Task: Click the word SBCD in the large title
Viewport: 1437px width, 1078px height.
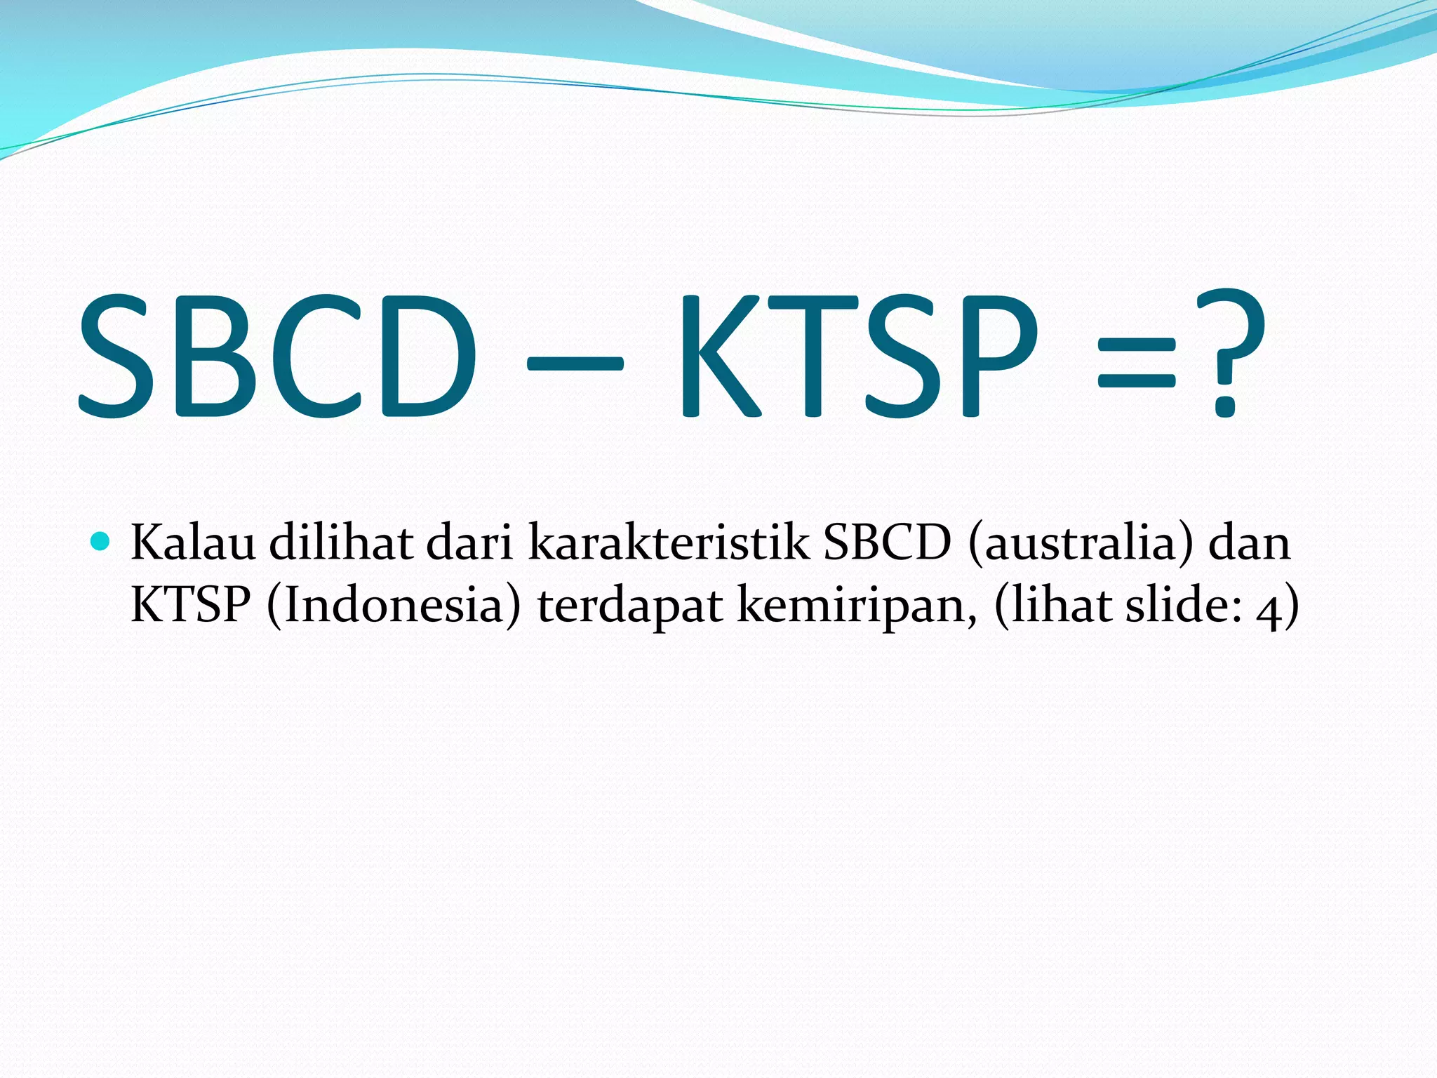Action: [277, 357]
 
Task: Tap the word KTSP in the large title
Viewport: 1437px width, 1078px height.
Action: [856, 357]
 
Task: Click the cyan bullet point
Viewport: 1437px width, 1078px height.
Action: [101, 541]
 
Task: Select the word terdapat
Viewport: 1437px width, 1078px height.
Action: [630, 606]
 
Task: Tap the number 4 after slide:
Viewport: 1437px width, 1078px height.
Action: [1267, 609]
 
